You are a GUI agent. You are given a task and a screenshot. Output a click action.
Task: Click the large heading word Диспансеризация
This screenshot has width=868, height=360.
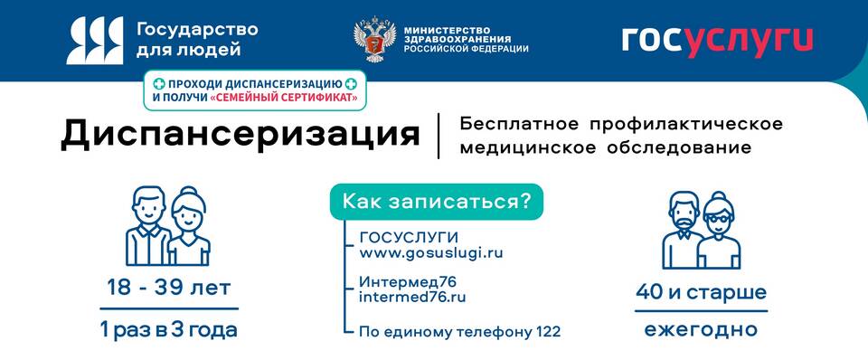pos(240,135)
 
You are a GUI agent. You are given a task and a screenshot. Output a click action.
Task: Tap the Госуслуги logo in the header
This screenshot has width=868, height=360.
pos(717,41)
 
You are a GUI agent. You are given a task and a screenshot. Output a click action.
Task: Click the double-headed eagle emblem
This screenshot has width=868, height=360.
pos(372,39)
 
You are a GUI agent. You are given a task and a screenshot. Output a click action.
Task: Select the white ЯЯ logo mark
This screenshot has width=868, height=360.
pos(95,41)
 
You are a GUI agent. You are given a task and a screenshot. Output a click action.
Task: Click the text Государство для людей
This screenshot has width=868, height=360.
pos(197,39)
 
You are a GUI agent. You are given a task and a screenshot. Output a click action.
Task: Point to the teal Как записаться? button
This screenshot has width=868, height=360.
pos(437,202)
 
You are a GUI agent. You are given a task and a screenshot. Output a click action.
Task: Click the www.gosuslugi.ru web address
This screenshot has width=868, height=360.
pos(431,253)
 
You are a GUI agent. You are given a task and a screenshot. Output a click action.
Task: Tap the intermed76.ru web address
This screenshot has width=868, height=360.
pos(412,297)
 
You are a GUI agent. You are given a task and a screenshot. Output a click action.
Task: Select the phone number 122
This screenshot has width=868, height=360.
pos(549,332)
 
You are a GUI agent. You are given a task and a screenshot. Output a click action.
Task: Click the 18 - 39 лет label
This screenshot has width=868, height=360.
pos(169,288)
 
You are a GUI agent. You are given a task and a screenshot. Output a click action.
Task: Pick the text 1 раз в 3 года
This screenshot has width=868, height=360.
pos(169,330)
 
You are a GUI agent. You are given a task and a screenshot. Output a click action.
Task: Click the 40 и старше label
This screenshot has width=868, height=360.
pos(701,292)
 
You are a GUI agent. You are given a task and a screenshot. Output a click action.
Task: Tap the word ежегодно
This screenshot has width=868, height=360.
pos(701,330)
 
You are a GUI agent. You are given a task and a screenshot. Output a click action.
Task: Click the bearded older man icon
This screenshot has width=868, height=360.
pos(684,231)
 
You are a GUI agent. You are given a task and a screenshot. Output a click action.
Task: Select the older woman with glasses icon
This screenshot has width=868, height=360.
pos(719,232)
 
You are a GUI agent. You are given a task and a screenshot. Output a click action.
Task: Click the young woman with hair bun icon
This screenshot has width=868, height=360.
pos(189,227)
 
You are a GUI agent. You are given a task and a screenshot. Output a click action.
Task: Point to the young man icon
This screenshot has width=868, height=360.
pos(147,226)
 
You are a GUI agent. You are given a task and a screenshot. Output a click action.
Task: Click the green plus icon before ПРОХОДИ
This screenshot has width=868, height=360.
pos(159,84)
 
